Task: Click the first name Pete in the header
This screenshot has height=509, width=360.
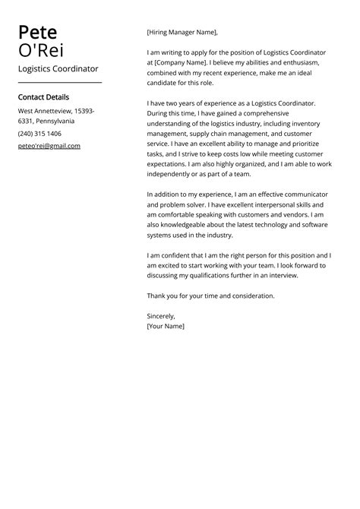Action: (37, 33)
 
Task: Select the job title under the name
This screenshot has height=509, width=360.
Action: (58, 68)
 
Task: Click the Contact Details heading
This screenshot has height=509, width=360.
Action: (43, 97)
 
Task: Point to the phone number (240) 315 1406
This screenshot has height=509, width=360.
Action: (39, 133)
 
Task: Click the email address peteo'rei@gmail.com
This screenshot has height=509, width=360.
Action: (49, 145)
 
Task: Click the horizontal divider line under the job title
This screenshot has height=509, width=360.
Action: (59, 82)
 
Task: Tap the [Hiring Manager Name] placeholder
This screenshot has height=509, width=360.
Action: (182, 33)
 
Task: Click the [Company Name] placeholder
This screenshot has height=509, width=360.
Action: (182, 63)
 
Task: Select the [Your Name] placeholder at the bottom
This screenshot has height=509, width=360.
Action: (166, 326)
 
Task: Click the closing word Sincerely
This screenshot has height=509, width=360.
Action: (161, 315)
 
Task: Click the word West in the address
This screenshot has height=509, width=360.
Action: (27, 111)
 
